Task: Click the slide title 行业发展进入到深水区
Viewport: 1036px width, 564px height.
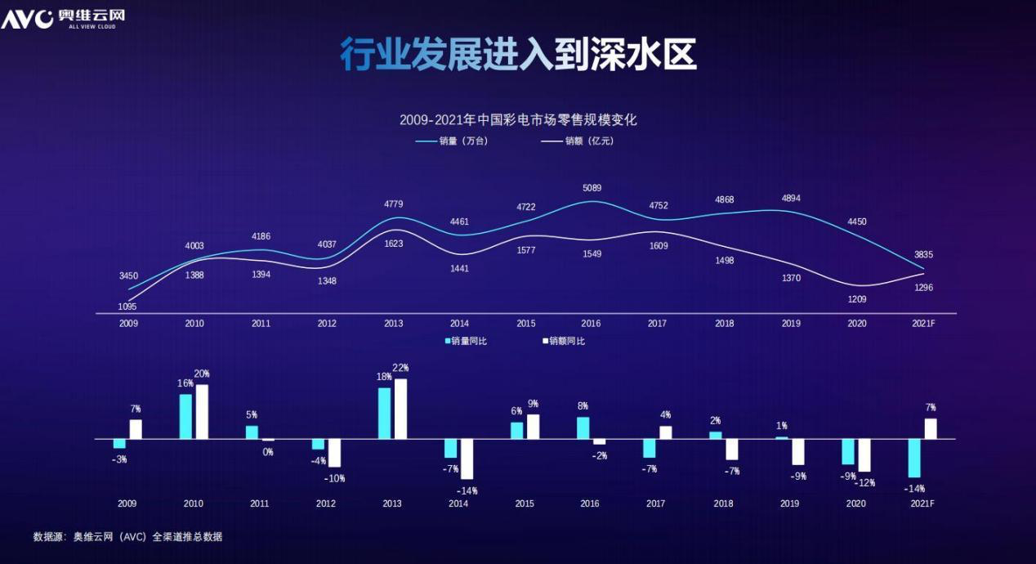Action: [518, 55]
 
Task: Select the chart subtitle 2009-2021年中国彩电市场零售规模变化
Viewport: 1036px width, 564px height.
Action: [518, 119]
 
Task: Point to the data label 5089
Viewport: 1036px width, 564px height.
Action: [592, 187]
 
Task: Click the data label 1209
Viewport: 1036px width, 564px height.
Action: [857, 299]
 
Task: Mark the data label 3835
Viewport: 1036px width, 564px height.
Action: [923, 255]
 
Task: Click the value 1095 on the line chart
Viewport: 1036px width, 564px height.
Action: [127, 307]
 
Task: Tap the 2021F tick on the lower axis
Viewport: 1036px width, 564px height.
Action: [922, 504]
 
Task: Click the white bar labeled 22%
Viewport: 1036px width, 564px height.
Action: [400, 409]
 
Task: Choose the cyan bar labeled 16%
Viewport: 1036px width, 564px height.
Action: [185, 416]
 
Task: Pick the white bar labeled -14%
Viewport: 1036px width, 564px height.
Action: [467, 459]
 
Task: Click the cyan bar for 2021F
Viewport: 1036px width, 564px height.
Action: [914, 458]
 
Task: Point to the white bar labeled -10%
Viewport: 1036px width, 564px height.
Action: [334, 453]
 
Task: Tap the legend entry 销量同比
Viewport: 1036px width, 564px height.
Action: [468, 341]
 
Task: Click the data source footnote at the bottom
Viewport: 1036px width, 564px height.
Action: [127, 537]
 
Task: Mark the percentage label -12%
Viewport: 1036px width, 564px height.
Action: [864, 482]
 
